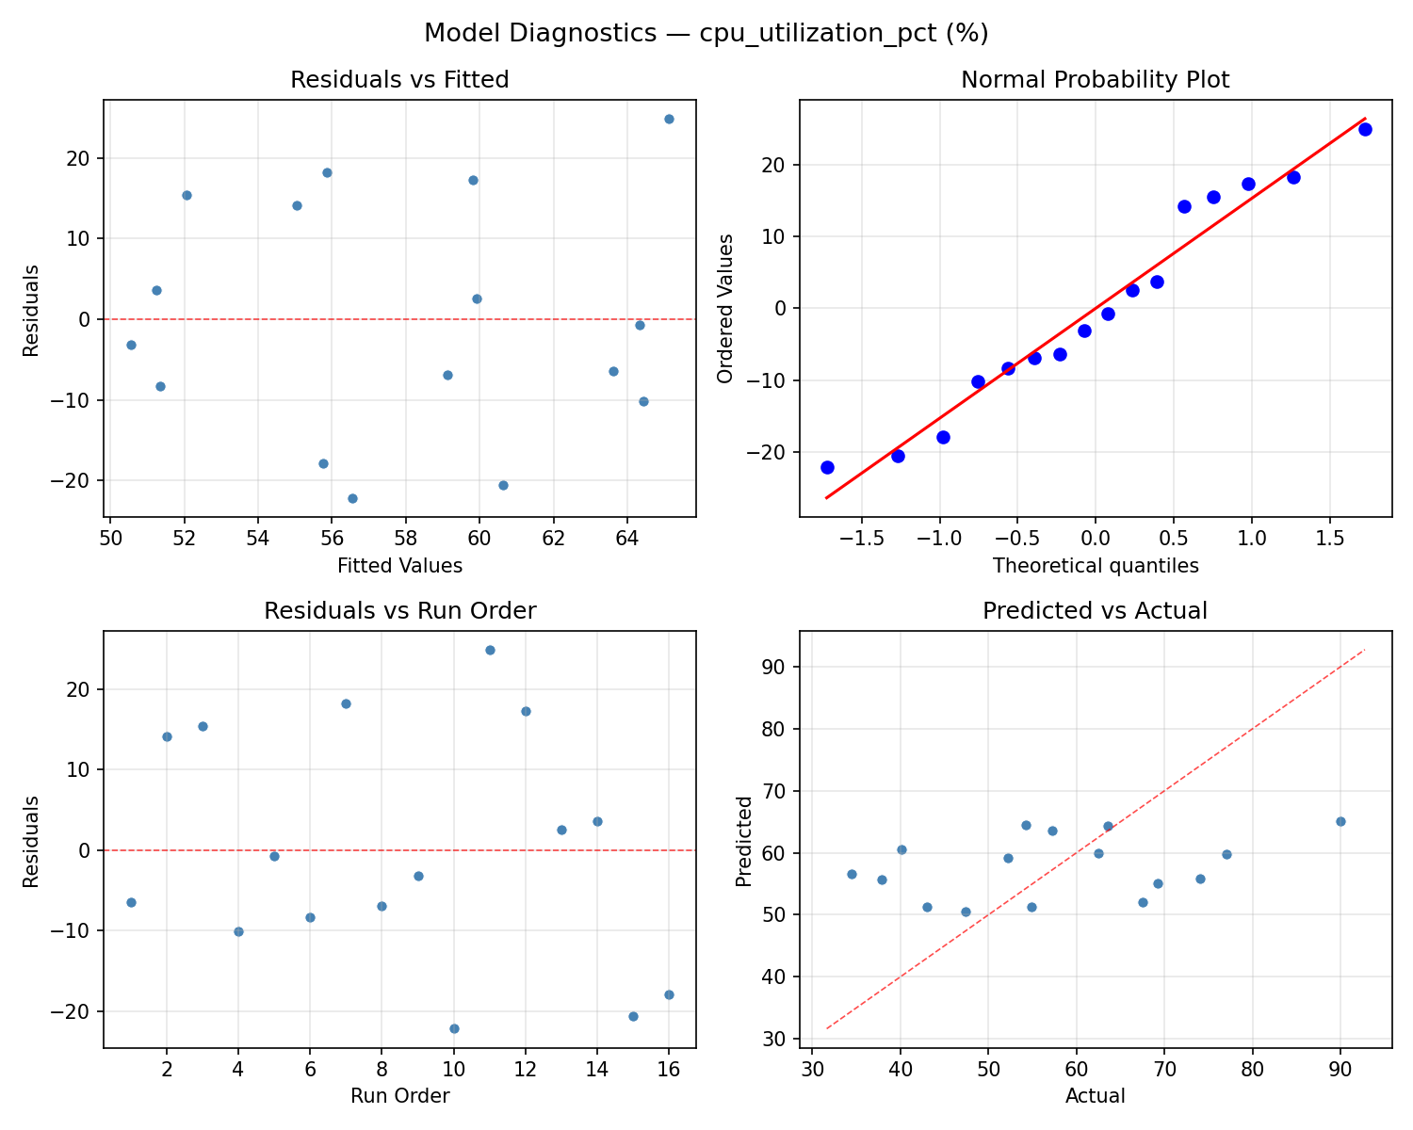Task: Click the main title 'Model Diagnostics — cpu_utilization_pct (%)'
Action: (x=706, y=33)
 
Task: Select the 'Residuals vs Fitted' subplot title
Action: (x=399, y=80)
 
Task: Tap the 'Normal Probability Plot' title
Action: (x=1095, y=80)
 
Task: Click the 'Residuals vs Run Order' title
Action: (x=399, y=611)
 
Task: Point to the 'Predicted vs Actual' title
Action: (x=1095, y=611)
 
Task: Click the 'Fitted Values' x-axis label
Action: (x=399, y=566)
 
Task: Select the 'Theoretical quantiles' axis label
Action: (x=1095, y=566)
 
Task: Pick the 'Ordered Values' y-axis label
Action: (x=724, y=309)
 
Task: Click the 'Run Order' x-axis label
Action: (x=399, y=1096)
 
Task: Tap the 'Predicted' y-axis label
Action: (x=744, y=840)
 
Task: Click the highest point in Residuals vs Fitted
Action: (x=669, y=119)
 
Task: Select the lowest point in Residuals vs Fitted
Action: (x=352, y=498)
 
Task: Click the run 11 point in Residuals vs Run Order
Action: (x=490, y=650)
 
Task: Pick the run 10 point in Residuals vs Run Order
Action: (x=454, y=1028)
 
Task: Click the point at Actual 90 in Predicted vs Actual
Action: (x=1340, y=821)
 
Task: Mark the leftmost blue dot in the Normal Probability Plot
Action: (x=827, y=467)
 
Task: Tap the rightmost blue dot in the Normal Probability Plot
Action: (x=1365, y=129)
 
